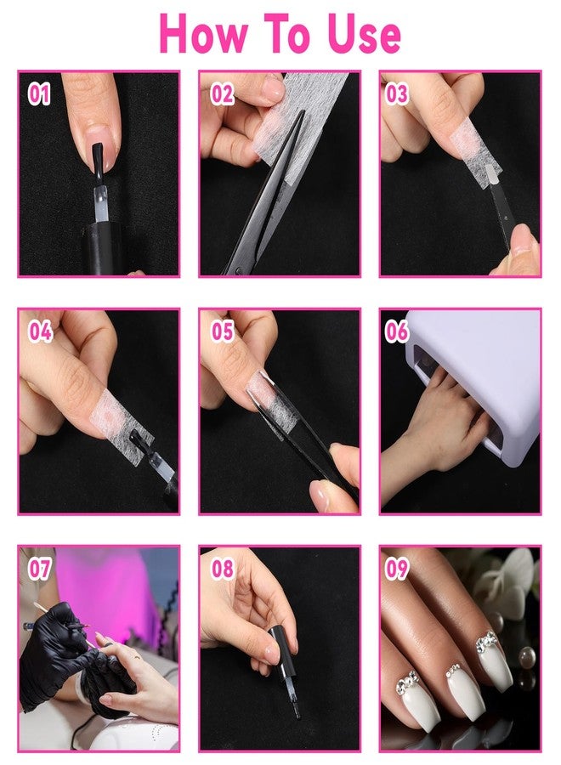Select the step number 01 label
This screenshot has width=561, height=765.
39,93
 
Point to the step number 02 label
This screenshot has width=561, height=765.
222,93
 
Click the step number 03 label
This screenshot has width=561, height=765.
396,93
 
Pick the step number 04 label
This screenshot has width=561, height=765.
40,331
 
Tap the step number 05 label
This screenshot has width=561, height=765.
223,331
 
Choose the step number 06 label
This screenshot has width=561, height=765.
396,331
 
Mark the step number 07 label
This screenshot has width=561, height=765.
39,569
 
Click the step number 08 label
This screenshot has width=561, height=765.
223,569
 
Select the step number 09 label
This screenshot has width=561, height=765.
396,569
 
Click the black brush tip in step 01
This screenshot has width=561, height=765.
98,159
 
